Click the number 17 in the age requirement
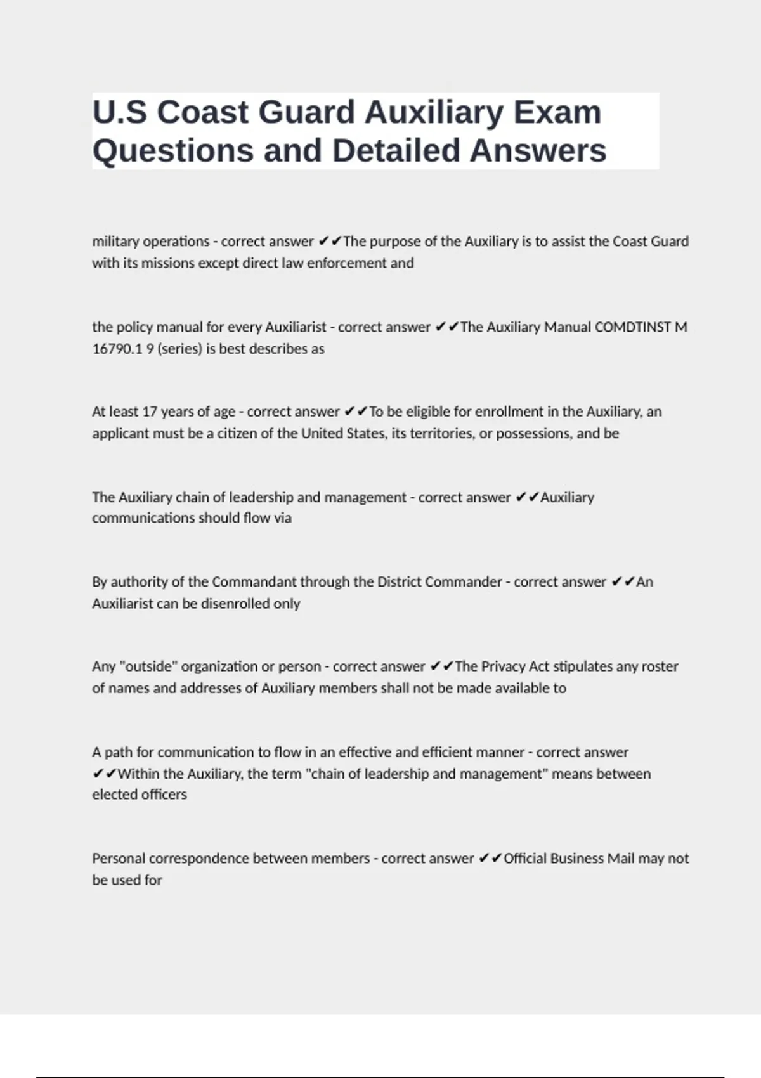[x=149, y=412]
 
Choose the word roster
[x=660, y=666]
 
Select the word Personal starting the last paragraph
[x=123, y=859]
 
